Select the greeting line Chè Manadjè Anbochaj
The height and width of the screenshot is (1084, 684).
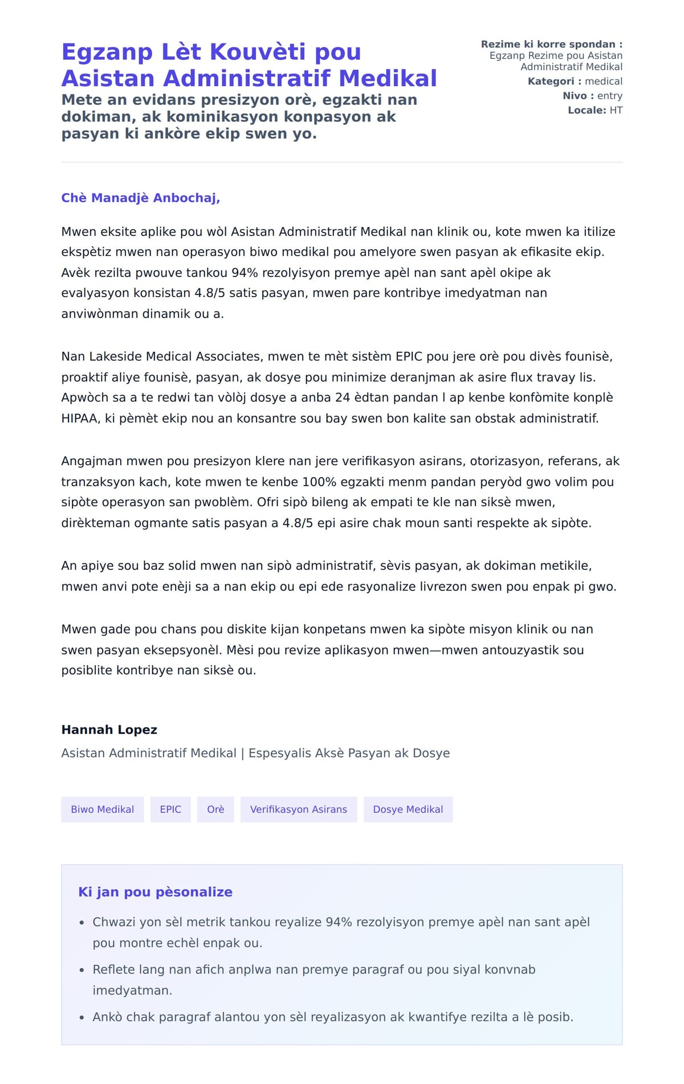pyautogui.click(x=140, y=198)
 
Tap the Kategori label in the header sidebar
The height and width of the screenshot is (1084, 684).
pyautogui.click(x=551, y=81)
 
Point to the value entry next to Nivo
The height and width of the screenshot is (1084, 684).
pyautogui.click(x=609, y=96)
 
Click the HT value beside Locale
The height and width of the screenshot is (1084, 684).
pyautogui.click(x=616, y=110)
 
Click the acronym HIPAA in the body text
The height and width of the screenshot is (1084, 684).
pyautogui.click(x=80, y=418)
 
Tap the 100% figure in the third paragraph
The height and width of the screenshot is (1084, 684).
pyautogui.click(x=320, y=482)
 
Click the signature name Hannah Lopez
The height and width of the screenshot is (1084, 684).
pyautogui.click(x=109, y=730)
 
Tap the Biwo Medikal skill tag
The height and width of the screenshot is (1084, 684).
pyautogui.click(x=103, y=809)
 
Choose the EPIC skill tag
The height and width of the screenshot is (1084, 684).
pyautogui.click(x=170, y=809)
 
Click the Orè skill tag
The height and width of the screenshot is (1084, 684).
pyautogui.click(x=215, y=809)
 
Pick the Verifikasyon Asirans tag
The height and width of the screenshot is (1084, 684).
pyautogui.click(x=298, y=809)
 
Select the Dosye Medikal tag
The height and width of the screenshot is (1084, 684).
pyautogui.click(x=408, y=809)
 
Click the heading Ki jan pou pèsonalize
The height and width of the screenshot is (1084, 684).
pyautogui.click(x=155, y=892)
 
